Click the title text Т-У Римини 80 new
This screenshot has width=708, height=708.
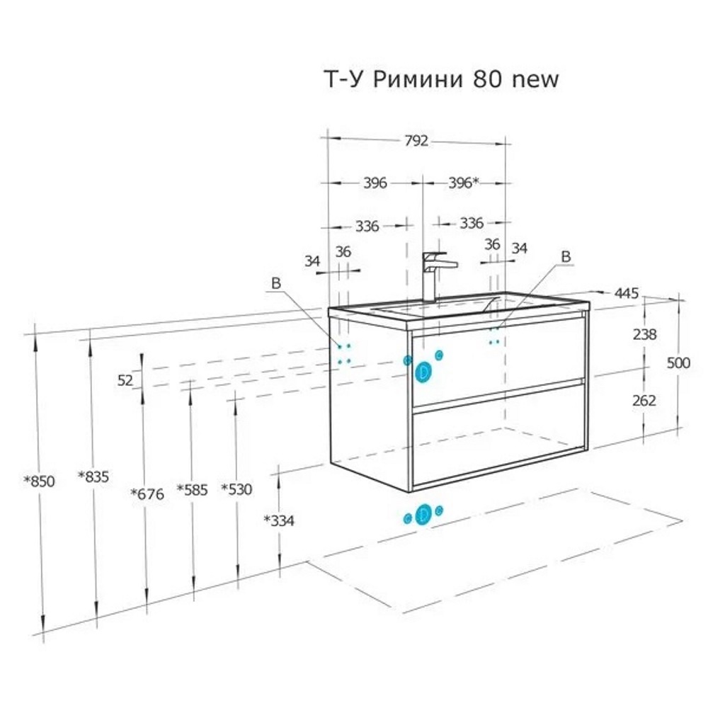point(442,79)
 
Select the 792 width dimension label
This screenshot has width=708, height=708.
point(416,141)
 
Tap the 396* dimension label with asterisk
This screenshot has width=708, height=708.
point(464,183)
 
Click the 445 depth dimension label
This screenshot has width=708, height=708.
point(627,294)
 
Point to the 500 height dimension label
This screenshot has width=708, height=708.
point(678,362)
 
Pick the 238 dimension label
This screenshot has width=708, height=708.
point(644,334)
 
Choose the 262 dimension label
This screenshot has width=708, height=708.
point(644,400)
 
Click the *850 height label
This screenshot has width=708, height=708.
point(39,481)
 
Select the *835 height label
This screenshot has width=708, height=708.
point(93,476)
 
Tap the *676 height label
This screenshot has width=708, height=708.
point(147,494)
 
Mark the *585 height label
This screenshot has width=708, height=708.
point(192,489)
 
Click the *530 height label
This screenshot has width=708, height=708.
point(236,489)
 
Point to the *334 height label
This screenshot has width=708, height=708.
point(278,520)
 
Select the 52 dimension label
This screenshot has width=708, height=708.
point(125,381)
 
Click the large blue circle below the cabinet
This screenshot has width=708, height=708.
point(423,514)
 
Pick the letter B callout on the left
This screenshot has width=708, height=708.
point(276,283)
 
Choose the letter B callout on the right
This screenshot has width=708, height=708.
point(566,256)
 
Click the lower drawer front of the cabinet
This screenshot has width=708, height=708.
point(500,433)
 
